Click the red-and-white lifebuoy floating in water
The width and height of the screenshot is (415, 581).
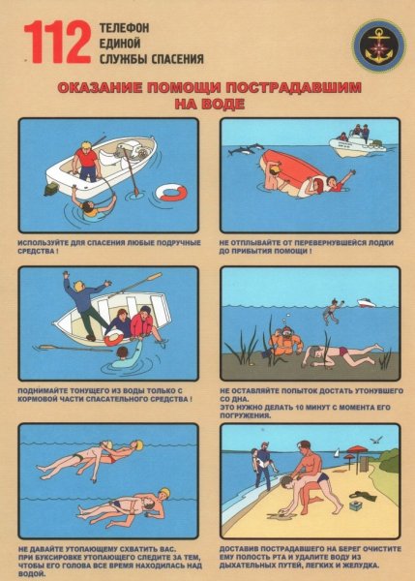tap(171, 192)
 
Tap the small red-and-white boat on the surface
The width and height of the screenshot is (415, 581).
tap(367, 303)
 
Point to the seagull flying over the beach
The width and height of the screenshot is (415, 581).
tap(377, 440)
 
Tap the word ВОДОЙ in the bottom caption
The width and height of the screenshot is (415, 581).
tap(30, 572)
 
